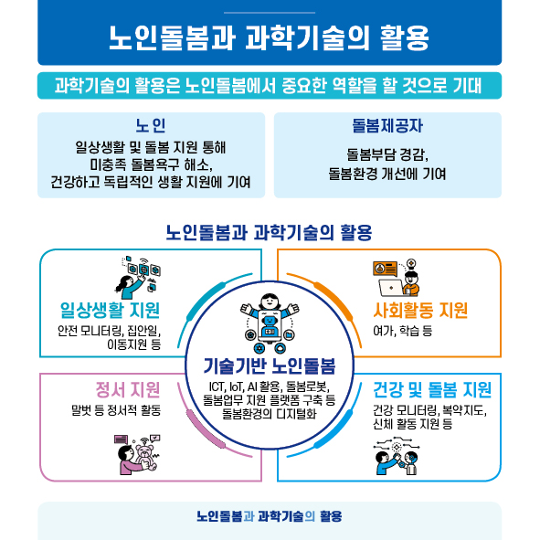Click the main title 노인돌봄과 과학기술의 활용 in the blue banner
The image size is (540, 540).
pyautogui.click(x=269, y=37)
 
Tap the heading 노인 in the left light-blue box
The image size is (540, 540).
pyautogui.click(x=151, y=125)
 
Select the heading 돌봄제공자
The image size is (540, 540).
pyautogui.click(x=387, y=125)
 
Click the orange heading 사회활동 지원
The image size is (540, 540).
pyautogui.click(x=420, y=310)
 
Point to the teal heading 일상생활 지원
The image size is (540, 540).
pyautogui.click(x=110, y=310)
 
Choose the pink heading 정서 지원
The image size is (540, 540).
pyautogui.click(x=128, y=389)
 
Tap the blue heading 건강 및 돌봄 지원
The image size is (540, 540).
pyautogui.click(x=432, y=389)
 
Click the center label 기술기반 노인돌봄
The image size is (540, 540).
pyautogui.click(x=270, y=365)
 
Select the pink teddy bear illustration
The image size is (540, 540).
pyautogui.click(x=146, y=457)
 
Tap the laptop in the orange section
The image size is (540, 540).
pyautogui.click(x=391, y=288)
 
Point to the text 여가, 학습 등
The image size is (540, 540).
pyautogui.click(x=403, y=331)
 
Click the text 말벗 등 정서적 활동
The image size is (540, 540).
pyautogui.click(x=116, y=410)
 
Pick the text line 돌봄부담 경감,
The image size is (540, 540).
pyautogui.click(x=387, y=154)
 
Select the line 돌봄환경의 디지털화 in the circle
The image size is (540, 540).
pyautogui.click(x=270, y=413)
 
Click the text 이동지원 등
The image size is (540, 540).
pyautogui.click(x=134, y=344)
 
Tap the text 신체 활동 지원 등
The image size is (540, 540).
pyautogui.click(x=413, y=424)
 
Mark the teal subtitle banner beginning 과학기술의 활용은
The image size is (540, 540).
pyautogui.click(x=270, y=85)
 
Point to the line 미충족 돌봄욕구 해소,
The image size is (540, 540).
pyautogui.click(x=151, y=164)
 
